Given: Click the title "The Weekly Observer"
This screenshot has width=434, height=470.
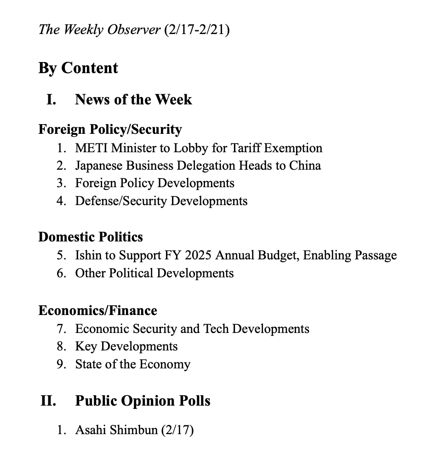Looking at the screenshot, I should pyautogui.click(x=99, y=30).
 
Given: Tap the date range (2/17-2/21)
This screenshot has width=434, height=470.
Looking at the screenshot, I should pyautogui.click(x=196, y=30).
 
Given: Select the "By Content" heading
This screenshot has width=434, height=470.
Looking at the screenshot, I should pyautogui.click(x=78, y=68).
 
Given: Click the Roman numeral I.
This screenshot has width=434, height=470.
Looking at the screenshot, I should pyautogui.click(x=51, y=99).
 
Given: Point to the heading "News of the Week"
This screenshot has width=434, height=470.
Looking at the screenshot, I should pyautogui.click(x=133, y=99).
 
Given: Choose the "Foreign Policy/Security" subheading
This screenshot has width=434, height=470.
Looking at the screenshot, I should pyautogui.click(x=110, y=129).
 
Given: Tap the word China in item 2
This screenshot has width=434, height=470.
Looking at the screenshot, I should pyautogui.click(x=305, y=166).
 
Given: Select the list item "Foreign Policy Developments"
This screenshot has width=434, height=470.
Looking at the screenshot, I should pyautogui.click(x=155, y=183).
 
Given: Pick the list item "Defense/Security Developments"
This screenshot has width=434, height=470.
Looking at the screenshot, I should pyautogui.click(x=161, y=201).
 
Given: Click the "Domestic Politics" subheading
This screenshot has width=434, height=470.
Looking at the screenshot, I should pyautogui.click(x=91, y=237).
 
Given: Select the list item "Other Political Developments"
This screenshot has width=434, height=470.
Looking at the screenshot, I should pyautogui.click(x=154, y=273).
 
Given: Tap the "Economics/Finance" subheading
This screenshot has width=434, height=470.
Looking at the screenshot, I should pyautogui.click(x=97, y=310).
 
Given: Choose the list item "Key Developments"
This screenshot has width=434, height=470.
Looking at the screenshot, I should pyautogui.click(x=126, y=346).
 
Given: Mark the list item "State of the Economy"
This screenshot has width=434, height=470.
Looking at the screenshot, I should pyautogui.click(x=133, y=364).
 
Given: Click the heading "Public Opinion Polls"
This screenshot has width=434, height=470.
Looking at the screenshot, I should pyautogui.click(x=143, y=401).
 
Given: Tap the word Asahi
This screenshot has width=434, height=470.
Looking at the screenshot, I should pyautogui.click(x=91, y=430).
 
